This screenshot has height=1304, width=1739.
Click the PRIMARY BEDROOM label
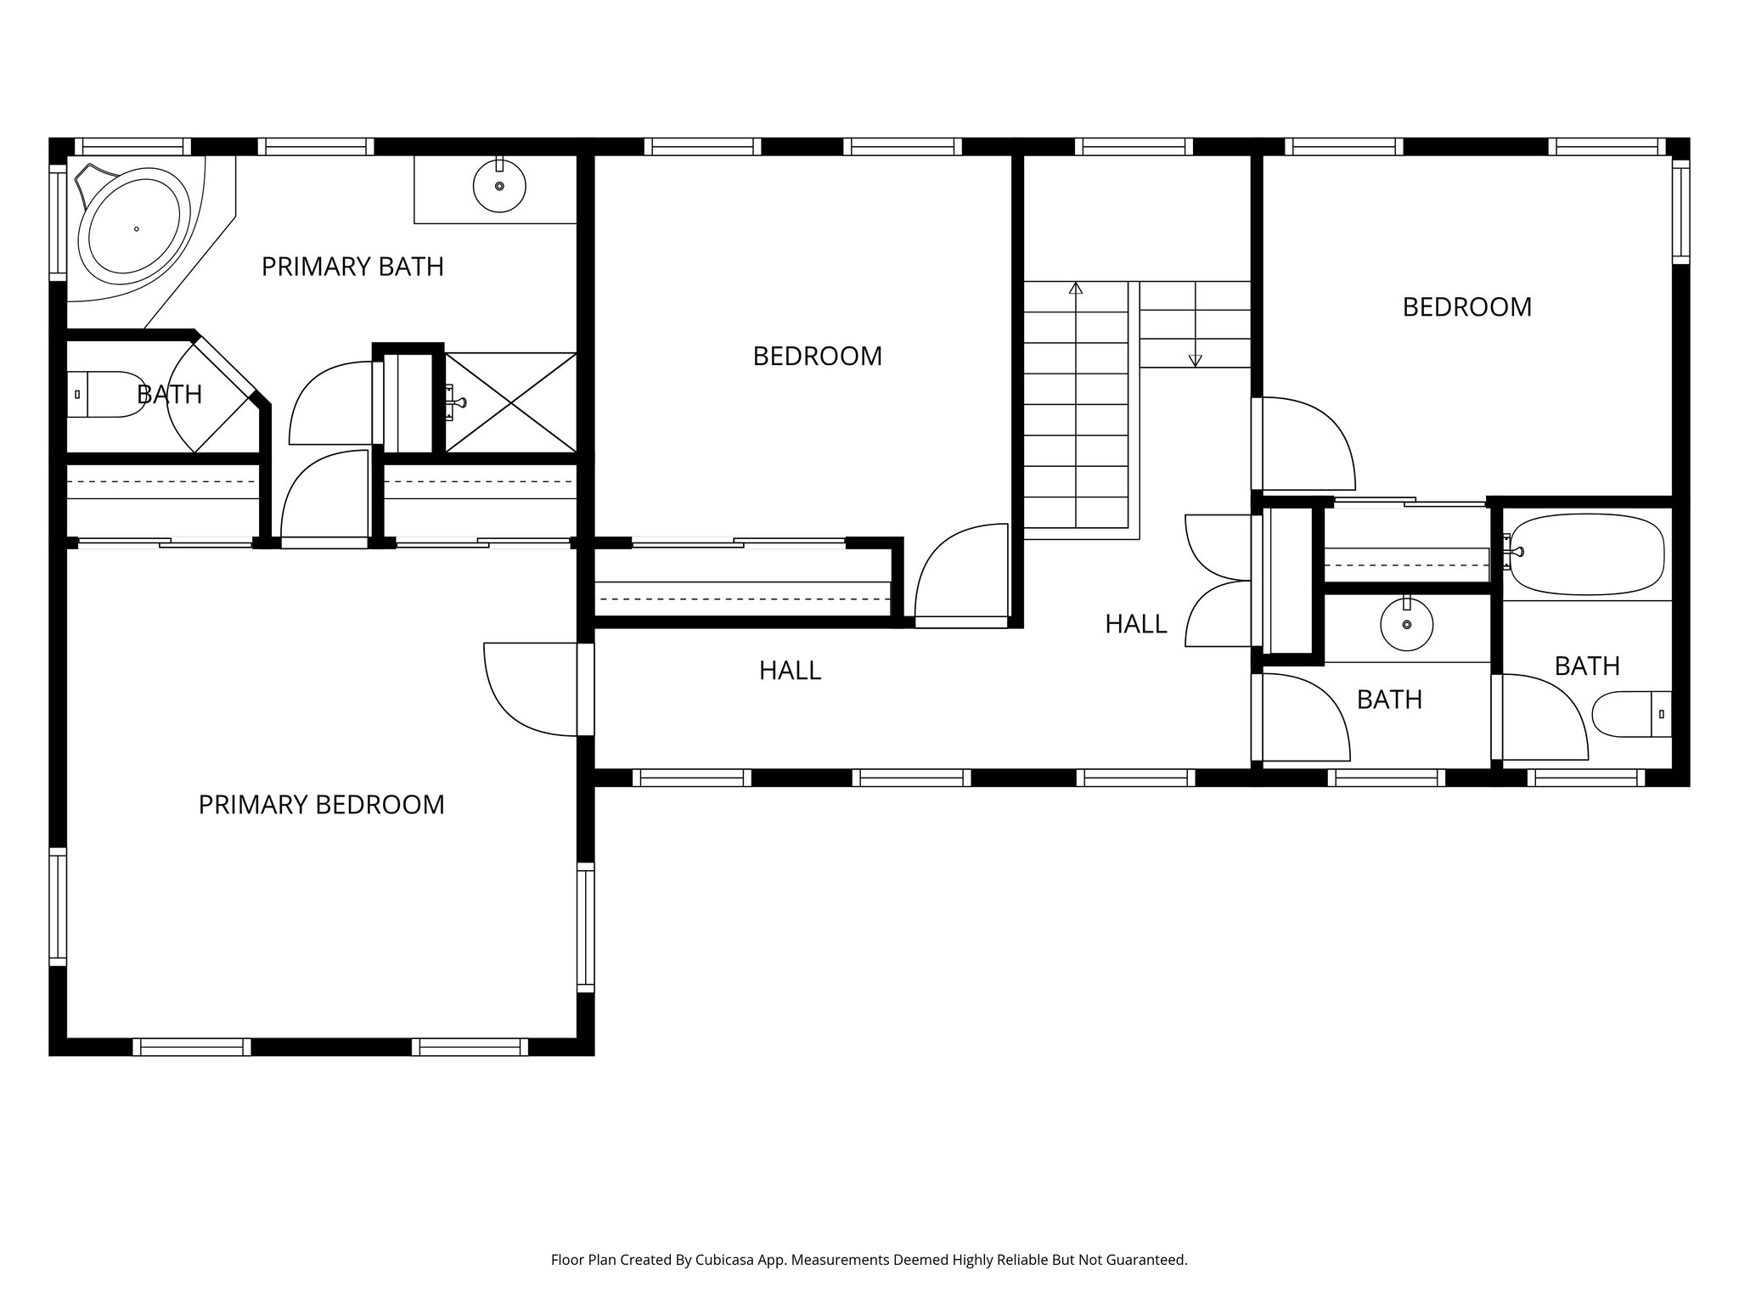[321, 805]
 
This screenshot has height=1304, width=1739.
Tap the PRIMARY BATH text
[352, 267]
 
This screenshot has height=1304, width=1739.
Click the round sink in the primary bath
[499, 186]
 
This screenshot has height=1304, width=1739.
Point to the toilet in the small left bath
[106, 394]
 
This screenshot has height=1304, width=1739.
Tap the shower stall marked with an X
[511, 402]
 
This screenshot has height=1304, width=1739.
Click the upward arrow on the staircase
[1076, 289]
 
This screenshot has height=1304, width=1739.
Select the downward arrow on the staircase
[1196, 359]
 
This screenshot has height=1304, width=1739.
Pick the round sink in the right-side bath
[1407, 625]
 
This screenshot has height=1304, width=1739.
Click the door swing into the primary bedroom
[531, 689]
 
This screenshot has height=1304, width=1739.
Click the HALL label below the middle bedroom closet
[790, 671]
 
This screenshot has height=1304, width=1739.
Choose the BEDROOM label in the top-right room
[1466, 307]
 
